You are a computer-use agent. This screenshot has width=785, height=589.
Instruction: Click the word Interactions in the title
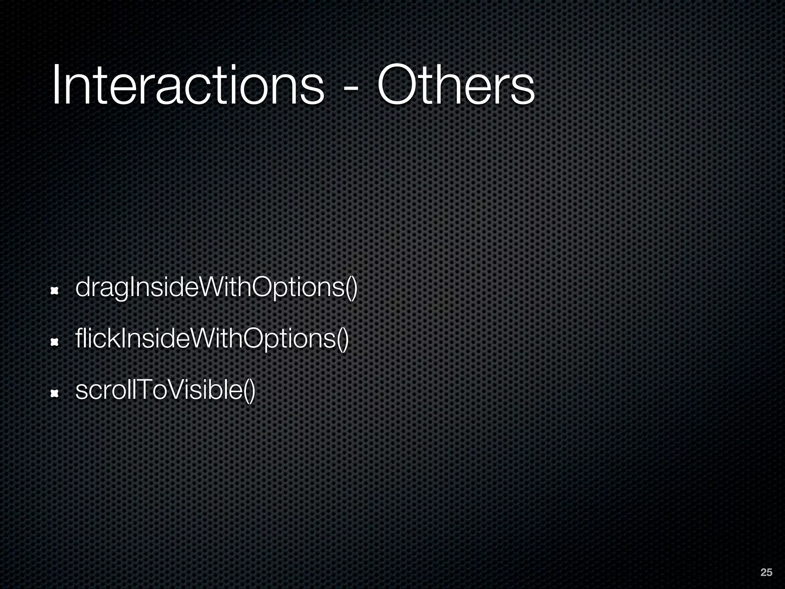[188, 85]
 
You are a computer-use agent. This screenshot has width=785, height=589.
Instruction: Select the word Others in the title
[456, 85]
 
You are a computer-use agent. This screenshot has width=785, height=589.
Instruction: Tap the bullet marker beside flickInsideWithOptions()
[54, 342]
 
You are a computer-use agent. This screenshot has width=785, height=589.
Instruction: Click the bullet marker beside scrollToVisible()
[54, 393]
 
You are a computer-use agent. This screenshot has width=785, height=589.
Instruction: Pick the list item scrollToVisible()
[165, 390]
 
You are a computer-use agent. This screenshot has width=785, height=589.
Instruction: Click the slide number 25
[766, 573]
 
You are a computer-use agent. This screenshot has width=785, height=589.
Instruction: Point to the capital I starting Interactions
[56, 85]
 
